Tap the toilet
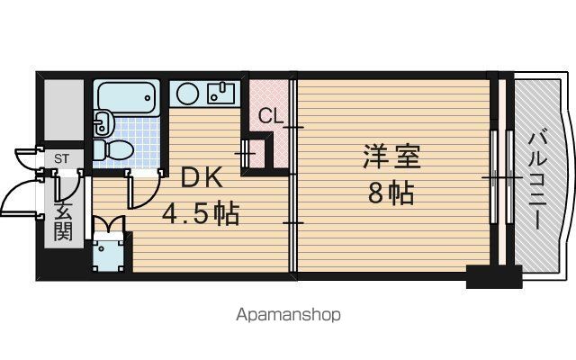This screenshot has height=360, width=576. click(112, 150)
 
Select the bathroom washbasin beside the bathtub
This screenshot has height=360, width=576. click(101, 122)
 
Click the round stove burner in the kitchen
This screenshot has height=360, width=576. click(188, 94)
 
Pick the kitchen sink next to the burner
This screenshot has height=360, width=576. click(221, 94)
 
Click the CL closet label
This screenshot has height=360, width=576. click(271, 116)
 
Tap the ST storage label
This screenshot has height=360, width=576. click(61, 159)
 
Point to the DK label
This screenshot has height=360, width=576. click(202, 178)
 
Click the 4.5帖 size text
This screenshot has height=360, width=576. click(201, 213)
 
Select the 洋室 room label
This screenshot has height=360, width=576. click(391, 157)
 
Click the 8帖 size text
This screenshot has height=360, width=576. click(391, 193)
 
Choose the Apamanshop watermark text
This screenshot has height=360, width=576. click(288, 315)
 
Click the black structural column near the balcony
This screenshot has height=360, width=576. click(494, 276)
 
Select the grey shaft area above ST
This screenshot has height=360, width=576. click(64, 110)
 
